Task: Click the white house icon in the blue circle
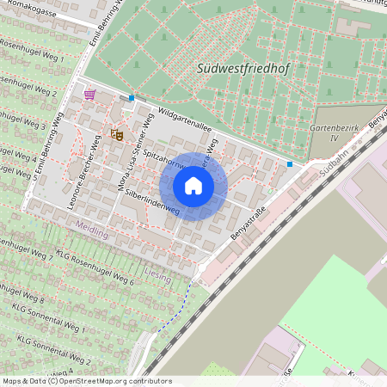pos(193,185)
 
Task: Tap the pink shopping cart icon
pos(89,94)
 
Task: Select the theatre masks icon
pos(117,134)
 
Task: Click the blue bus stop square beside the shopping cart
pos(132,98)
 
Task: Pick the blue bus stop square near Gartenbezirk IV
pos(290,163)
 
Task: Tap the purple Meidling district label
pos(92,232)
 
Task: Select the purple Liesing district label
pos(159,279)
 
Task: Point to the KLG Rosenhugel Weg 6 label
pos(95,267)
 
